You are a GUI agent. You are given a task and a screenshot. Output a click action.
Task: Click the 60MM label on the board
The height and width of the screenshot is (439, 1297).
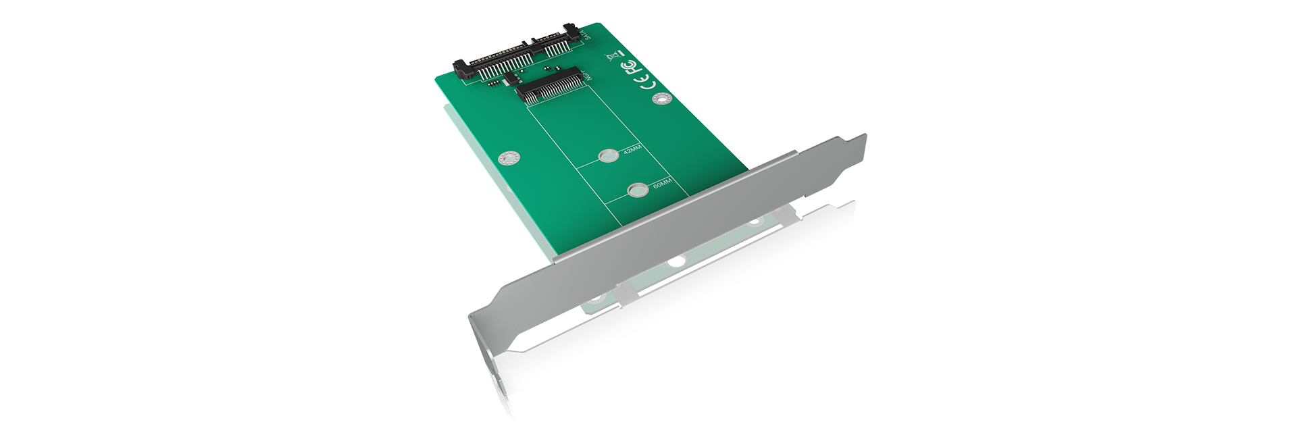pos(661,184)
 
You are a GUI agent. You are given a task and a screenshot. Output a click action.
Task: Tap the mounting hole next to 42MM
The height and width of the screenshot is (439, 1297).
pos(609,157)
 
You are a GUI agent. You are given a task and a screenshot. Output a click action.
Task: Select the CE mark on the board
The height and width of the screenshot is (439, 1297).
pos(646,84)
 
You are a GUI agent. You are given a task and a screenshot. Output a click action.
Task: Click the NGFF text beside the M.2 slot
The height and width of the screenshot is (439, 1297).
pos(586,76)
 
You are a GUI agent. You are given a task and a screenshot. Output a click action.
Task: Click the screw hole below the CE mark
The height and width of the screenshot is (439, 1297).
pos(661,100)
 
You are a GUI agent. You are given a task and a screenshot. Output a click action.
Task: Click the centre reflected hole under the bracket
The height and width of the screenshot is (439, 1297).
pos(676,261)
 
